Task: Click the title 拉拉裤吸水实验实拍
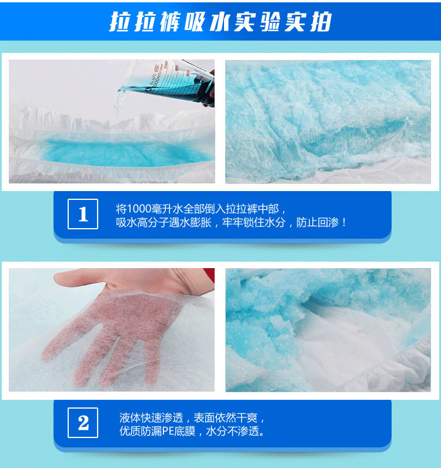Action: point(220,22)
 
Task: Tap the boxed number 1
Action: point(83,214)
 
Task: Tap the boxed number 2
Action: point(83,423)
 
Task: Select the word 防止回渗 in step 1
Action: point(320,222)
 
